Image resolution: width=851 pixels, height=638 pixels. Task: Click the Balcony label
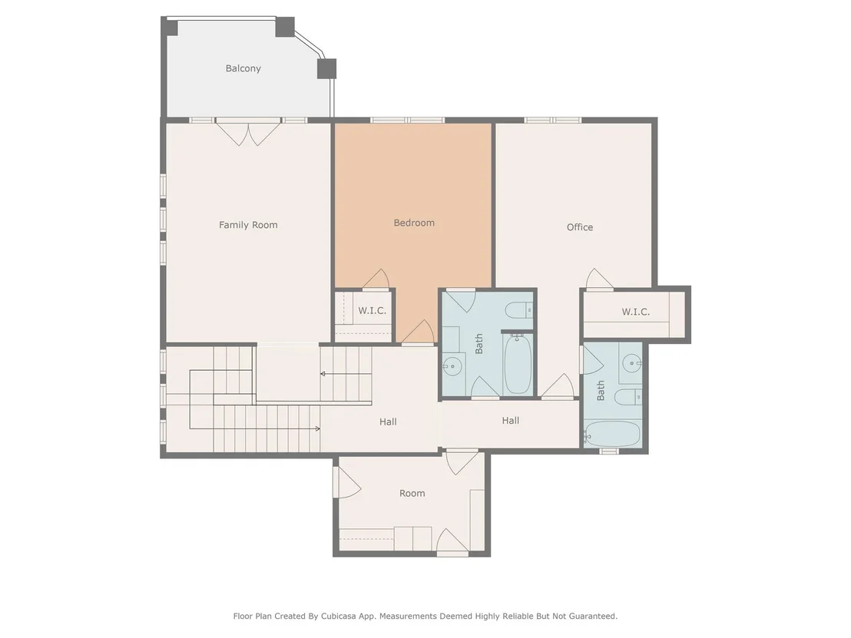pyautogui.click(x=243, y=68)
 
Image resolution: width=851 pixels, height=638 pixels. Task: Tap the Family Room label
pyautogui.click(x=248, y=225)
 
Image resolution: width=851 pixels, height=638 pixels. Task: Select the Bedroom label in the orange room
pyautogui.click(x=414, y=223)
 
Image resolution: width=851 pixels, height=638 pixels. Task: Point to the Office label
pyautogui.click(x=580, y=226)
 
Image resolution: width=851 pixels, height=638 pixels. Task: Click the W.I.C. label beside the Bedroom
pyautogui.click(x=372, y=310)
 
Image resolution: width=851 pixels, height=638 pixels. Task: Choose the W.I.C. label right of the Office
pyautogui.click(x=635, y=312)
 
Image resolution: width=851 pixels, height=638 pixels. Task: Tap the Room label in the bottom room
pyautogui.click(x=412, y=493)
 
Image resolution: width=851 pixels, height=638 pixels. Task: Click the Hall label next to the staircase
pyautogui.click(x=388, y=421)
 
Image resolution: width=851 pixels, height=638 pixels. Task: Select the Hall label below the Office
pyautogui.click(x=510, y=421)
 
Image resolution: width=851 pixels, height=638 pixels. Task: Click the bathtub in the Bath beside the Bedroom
pyautogui.click(x=518, y=363)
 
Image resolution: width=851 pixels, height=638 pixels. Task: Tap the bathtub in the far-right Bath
pyautogui.click(x=613, y=434)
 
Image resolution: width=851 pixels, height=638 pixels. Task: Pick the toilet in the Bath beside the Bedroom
pyautogui.click(x=519, y=310)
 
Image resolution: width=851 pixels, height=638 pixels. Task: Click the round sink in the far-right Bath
pyautogui.click(x=632, y=363)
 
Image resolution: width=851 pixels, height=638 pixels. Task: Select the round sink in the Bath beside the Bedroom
pyautogui.click(x=452, y=366)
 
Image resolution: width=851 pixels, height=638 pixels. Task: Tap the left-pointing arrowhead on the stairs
pyautogui.click(x=323, y=374)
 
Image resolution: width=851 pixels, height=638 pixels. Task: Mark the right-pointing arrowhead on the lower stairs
pyautogui.click(x=317, y=428)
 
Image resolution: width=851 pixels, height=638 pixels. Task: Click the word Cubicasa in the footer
pyautogui.click(x=341, y=617)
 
